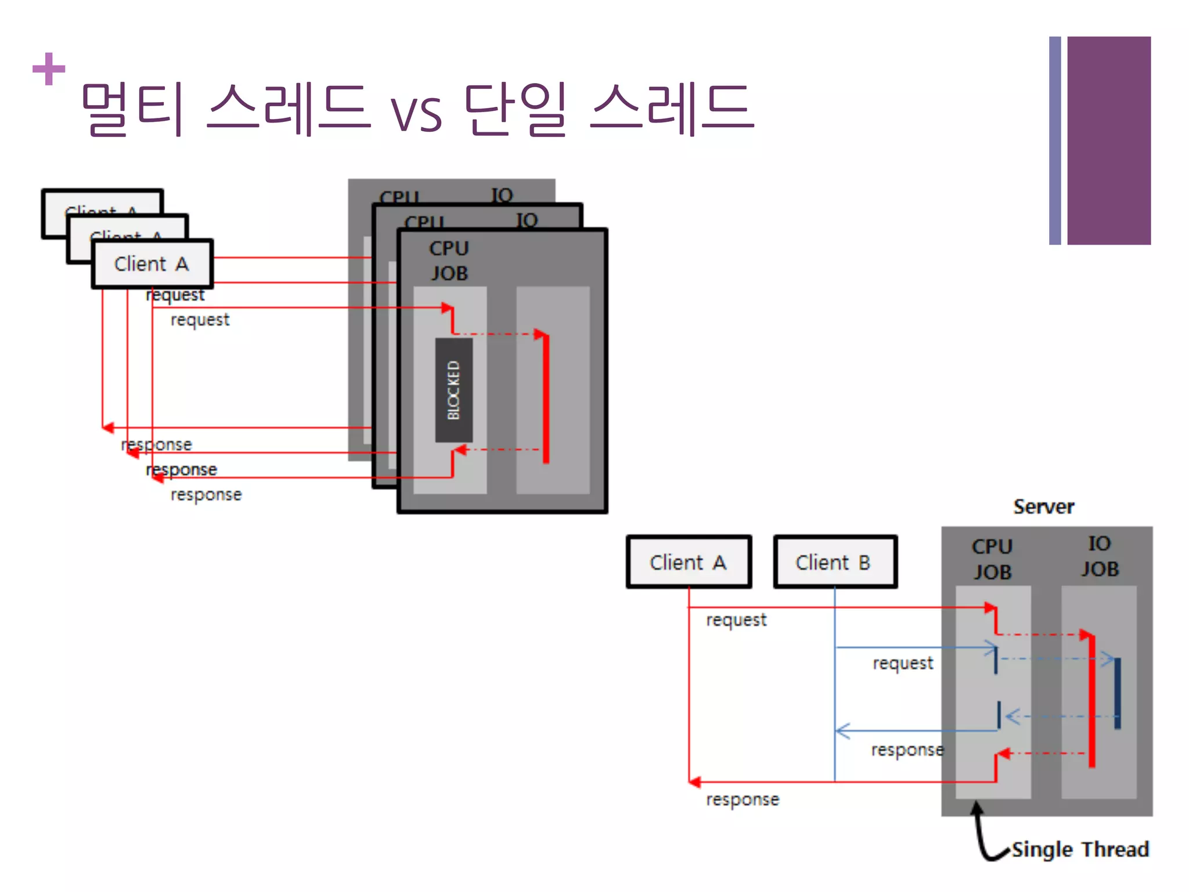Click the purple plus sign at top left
(49, 69)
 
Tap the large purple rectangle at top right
(1108, 141)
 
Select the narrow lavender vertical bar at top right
(1054, 141)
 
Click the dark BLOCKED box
(453, 390)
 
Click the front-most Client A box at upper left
(152, 264)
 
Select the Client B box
(835, 562)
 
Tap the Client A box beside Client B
(689, 562)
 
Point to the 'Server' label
(1043, 507)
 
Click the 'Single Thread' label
(1080, 849)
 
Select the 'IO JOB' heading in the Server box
(1099, 556)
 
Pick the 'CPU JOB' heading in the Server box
(992, 559)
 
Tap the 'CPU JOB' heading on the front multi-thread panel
(449, 261)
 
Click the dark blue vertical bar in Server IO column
(1118, 693)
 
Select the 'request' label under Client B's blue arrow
(903, 663)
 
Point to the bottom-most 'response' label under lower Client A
(742, 800)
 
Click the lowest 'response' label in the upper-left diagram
(206, 495)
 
